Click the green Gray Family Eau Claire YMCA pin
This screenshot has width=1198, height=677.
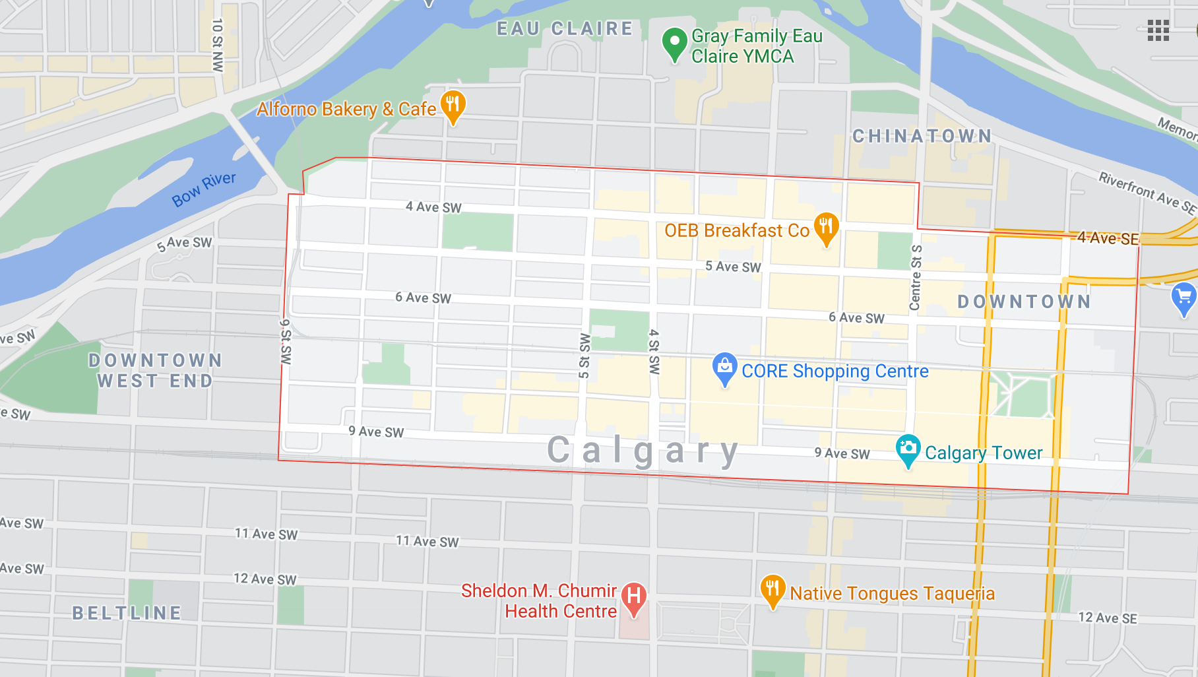(x=674, y=44)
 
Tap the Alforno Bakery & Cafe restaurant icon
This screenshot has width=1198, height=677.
(x=453, y=106)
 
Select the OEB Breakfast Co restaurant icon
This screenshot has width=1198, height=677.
(x=826, y=228)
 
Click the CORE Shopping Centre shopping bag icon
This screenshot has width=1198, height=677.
(x=724, y=368)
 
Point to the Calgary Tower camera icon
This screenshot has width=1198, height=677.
(x=908, y=449)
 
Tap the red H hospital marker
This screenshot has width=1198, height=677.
(x=633, y=598)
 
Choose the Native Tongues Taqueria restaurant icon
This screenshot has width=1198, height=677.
(x=772, y=590)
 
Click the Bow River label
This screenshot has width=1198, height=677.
(x=204, y=189)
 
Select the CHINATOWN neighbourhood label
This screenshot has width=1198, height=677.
(x=922, y=137)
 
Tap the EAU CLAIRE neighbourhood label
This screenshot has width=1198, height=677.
(x=565, y=29)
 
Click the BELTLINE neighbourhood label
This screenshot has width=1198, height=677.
(x=127, y=613)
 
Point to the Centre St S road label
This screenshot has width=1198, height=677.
(x=916, y=277)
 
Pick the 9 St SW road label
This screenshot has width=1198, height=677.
(x=286, y=342)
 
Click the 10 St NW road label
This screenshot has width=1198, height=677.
(x=217, y=45)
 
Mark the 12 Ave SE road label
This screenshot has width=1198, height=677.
(x=1108, y=618)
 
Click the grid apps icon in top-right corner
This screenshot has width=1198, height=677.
(x=1158, y=30)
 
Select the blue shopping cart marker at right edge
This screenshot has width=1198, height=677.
(x=1183, y=298)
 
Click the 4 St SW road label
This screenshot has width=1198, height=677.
(x=654, y=352)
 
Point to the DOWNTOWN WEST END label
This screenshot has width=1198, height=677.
(x=155, y=371)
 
